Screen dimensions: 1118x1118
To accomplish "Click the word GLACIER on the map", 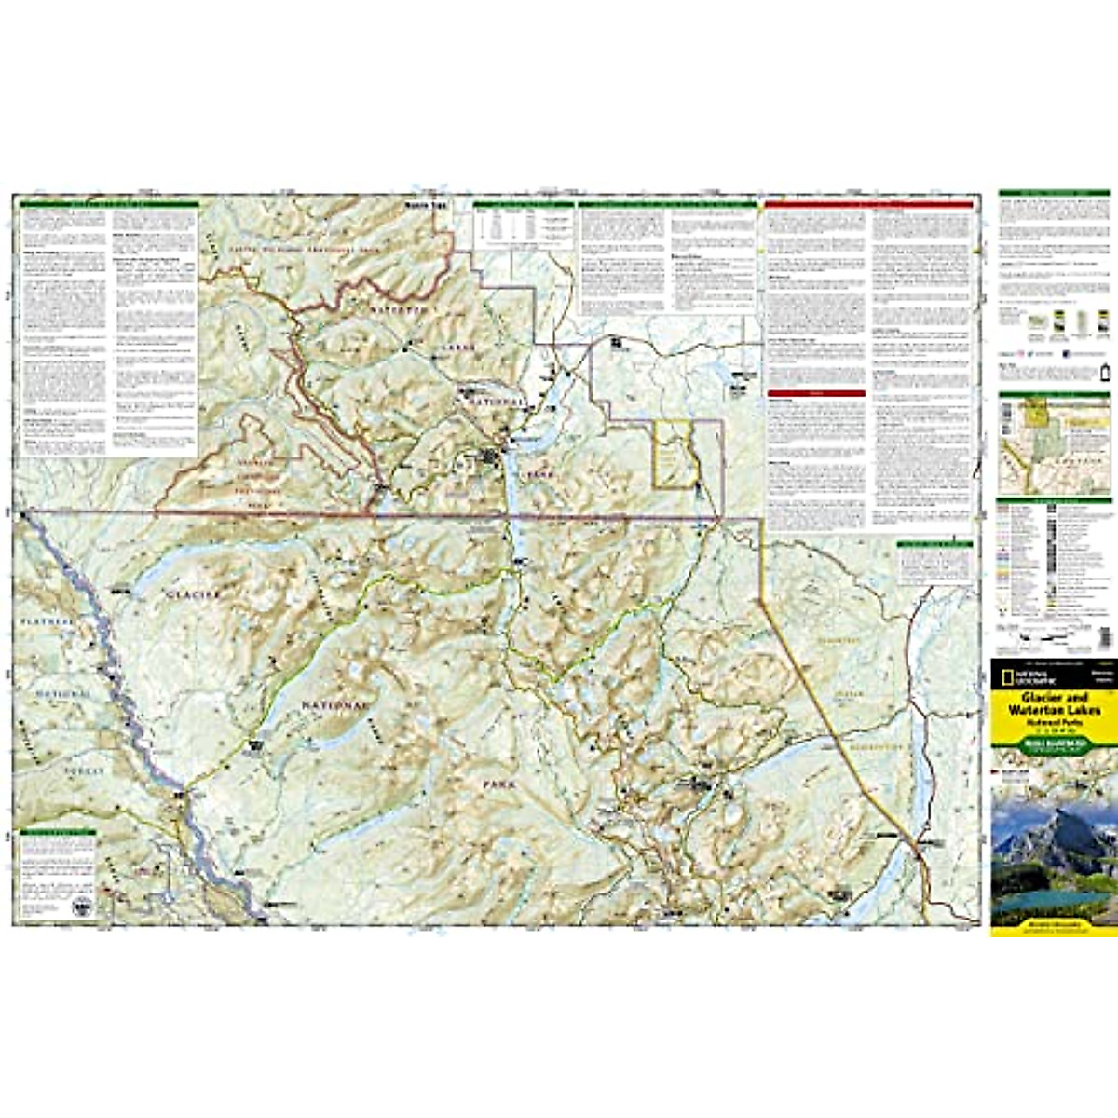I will pos(195,593).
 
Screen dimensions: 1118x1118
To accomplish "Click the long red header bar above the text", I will pos(868,204).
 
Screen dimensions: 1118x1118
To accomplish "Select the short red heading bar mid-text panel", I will pos(816,393).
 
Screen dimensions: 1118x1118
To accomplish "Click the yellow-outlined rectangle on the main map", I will pos(674,454).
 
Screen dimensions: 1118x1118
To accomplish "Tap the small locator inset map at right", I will pos(1054,444).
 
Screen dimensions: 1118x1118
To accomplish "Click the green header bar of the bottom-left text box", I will pos(59,833).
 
